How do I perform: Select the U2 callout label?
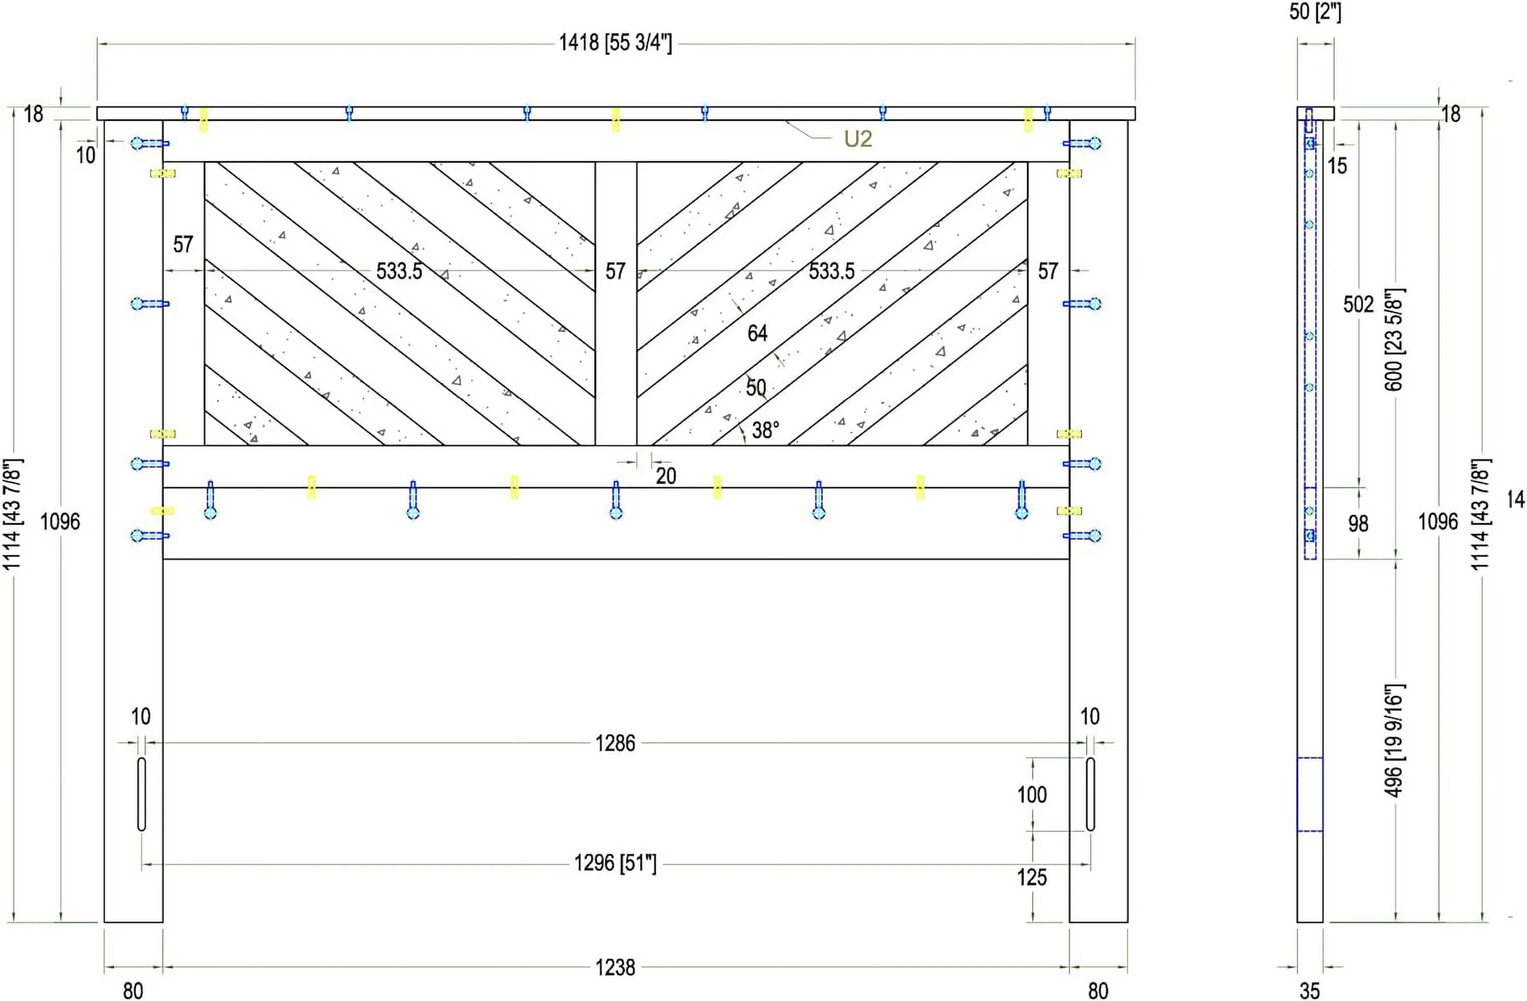tap(857, 139)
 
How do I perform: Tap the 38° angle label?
tap(766, 430)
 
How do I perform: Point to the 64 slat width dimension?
tap(757, 333)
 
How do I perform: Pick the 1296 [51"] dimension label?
tap(615, 864)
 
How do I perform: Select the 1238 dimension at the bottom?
tap(615, 967)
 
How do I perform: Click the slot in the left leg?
tap(141, 794)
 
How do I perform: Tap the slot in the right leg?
tap(1090, 794)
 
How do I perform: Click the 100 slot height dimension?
tap(1032, 795)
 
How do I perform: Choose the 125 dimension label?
tap(1032, 878)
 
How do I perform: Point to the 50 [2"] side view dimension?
tap(1315, 12)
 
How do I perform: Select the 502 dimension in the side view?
tap(1358, 304)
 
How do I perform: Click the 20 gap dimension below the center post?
tap(665, 476)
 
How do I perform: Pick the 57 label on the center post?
tap(615, 271)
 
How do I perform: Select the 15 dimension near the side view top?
tap(1337, 166)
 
